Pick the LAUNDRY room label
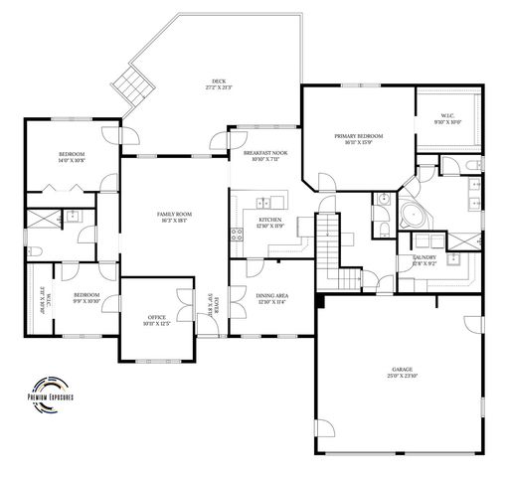coord(425,259)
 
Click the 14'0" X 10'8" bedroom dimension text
coord(72,160)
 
